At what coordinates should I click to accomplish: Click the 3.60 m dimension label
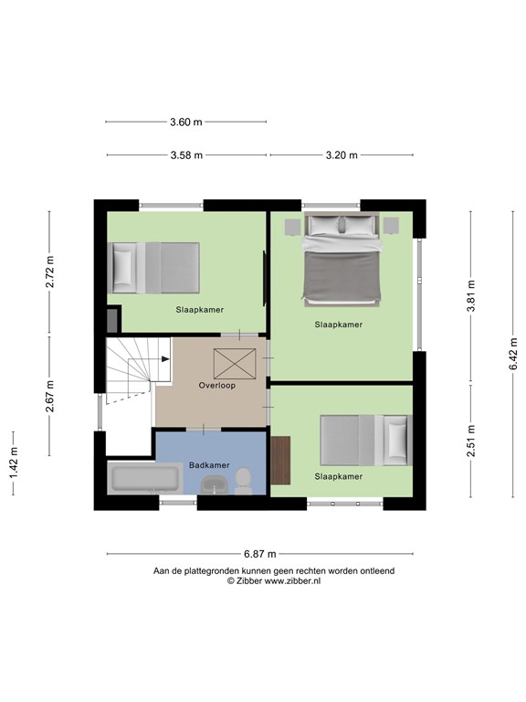tap(186, 122)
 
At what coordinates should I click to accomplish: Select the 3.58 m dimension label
tap(186, 154)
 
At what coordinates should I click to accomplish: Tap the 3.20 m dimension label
tap(342, 154)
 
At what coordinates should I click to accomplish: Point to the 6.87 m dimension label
tap(260, 554)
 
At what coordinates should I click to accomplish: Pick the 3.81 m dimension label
tap(471, 294)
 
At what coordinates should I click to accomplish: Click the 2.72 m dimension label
tap(50, 271)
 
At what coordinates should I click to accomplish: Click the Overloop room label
tap(217, 386)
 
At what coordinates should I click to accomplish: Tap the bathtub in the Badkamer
tap(145, 479)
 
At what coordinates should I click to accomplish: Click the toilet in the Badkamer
tap(244, 480)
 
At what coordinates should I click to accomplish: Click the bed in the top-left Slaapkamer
tap(155, 267)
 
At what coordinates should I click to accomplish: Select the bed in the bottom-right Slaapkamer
tap(365, 441)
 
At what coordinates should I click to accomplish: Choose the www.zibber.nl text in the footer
tap(292, 580)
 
